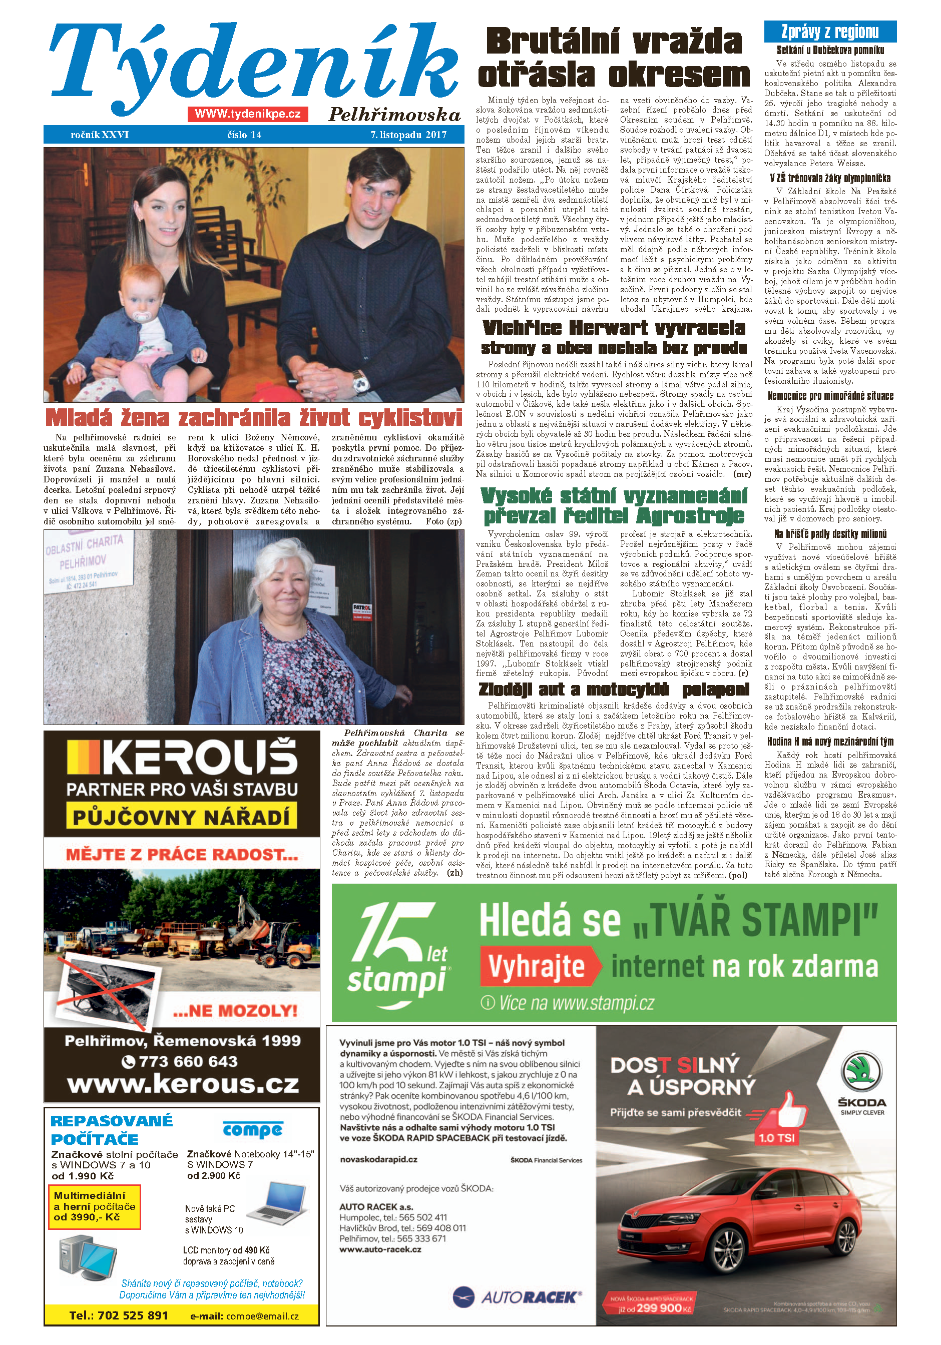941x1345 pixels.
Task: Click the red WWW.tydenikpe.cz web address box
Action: click(248, 114)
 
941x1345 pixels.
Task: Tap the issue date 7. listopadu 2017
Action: click(408, 135)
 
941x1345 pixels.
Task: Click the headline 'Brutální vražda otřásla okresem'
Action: click(614, 59)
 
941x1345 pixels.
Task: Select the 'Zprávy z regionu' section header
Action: click(830, 32)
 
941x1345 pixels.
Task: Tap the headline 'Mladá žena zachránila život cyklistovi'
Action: click(254, 418)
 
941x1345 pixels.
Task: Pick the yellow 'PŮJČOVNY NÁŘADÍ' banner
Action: click(181, 817)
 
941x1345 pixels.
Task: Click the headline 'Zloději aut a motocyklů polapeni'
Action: click(614, 690)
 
